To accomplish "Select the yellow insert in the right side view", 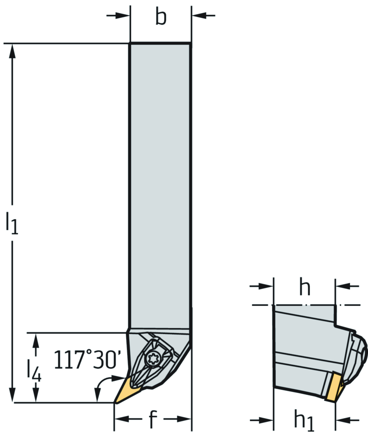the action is pyautogui.click(x=335, y=386).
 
